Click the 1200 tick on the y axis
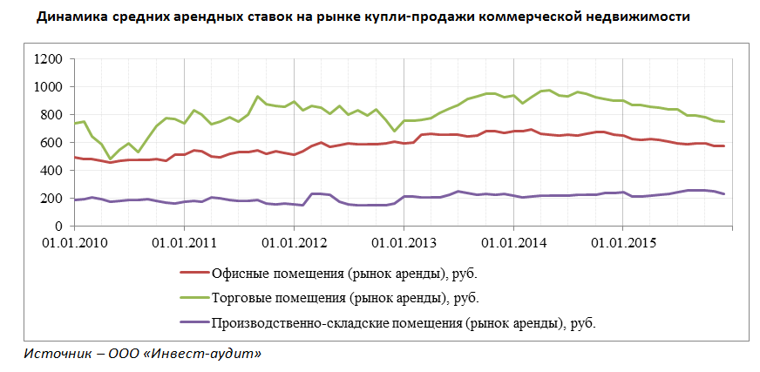pyautogui.click(x=48, y=59)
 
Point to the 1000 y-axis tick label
pyautogui.click(x=48, y=87)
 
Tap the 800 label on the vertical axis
pyautogui.click(x=51, y=115)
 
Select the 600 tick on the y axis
pyautogui.click(x=51, y=143)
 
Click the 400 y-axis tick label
pyautogui.click(x=51, y=171)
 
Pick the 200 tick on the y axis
pyautogui.click(x=51, y=199)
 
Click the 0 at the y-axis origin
pyautogui.click(x=58, y=227)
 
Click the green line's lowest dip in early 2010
pyautogui.click(x=111, y=159)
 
